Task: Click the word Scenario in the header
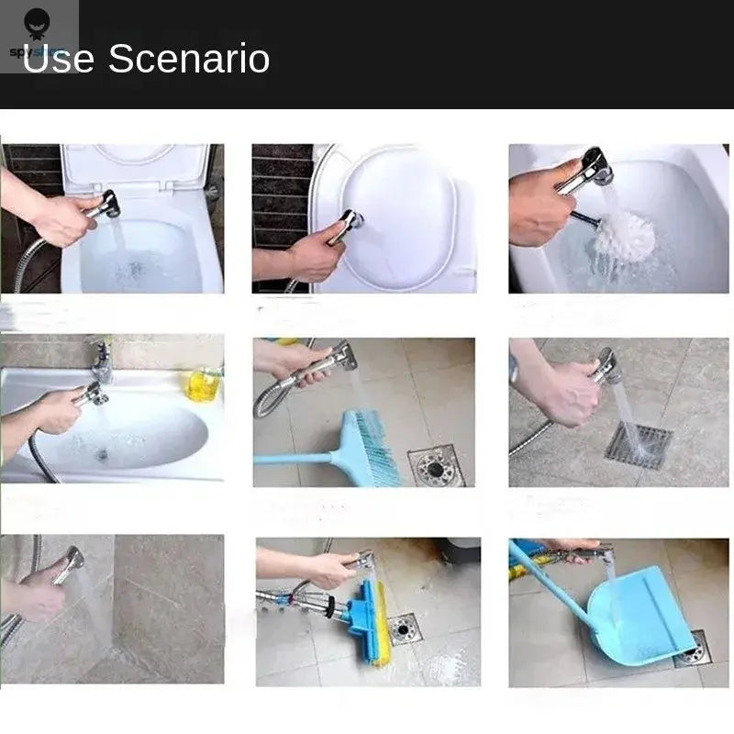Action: point(189,59)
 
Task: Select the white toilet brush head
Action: point(624,236)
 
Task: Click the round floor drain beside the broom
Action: point(436,466)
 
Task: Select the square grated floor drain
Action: point(638,445)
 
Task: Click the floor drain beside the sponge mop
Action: point(403,628)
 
